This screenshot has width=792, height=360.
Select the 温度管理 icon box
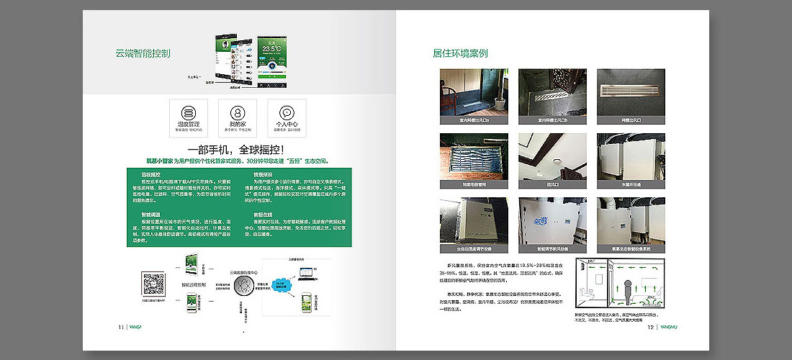click(188, 118)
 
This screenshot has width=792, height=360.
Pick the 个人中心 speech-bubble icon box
click(287, 118)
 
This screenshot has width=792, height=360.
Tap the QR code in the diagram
click(152, 283)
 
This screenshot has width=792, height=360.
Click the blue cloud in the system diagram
click(279, 284)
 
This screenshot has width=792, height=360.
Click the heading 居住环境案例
click(460, 53)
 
